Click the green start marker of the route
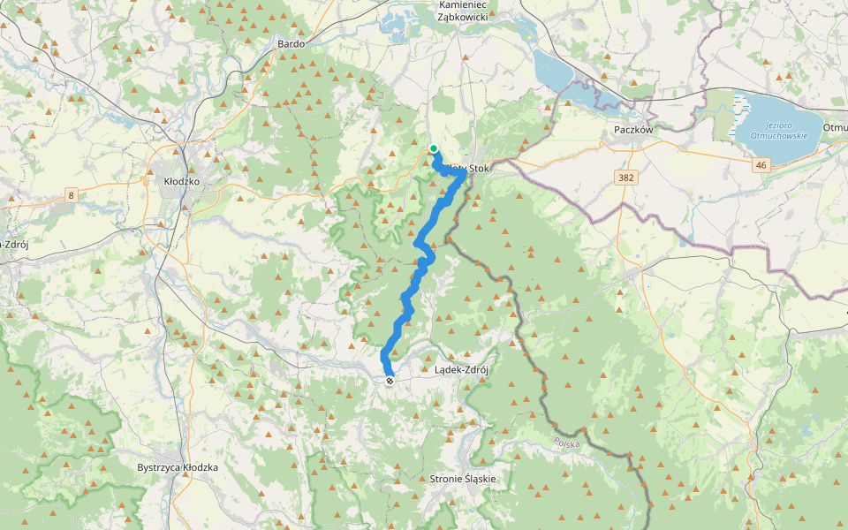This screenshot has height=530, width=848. (x=434, y=148)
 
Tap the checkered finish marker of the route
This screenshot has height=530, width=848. (x=390, y=381)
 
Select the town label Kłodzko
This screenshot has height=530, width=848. (x=183, y=181)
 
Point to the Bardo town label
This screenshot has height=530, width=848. (x=291, y=42)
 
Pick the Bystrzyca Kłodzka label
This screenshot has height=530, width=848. (x=178, y=467)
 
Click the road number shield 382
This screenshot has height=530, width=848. (x=626, y=178)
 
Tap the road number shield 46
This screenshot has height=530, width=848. (x=761, y=164)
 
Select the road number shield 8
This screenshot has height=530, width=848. (x=71, y=194)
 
